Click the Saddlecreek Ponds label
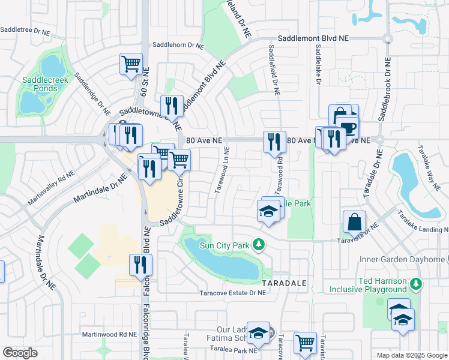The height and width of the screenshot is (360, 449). click(40, 84)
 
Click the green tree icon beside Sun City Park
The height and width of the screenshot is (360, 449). click(259, 244)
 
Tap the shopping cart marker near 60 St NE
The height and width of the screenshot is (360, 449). click(131, 64)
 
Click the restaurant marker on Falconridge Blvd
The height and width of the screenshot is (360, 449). click(140, 265)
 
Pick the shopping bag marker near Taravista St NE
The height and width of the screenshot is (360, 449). click(355, 221)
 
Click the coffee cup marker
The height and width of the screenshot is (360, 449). click(348, 127)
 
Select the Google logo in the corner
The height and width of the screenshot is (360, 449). click(20, 352)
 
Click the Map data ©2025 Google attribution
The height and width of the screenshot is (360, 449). click(411, 355)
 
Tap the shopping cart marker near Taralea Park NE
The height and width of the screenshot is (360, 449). click(305, 343)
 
